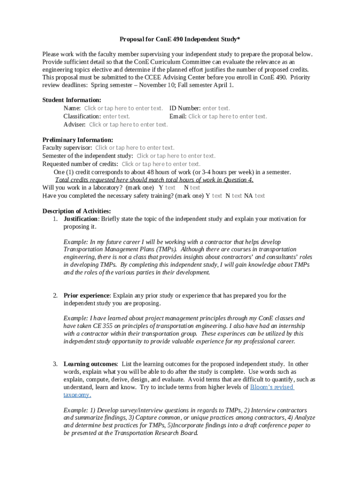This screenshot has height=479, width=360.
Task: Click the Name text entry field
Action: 123,108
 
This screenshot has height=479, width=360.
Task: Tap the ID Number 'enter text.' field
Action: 216,108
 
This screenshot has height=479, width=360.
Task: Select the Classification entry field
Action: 116,116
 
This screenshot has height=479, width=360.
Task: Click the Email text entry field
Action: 228,116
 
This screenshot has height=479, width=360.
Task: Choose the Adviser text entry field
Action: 129,124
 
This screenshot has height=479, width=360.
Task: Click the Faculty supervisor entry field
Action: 135,147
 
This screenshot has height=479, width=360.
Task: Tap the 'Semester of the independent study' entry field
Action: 176,156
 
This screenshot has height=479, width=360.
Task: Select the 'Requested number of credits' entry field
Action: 161,164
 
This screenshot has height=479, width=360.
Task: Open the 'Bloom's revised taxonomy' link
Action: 272,387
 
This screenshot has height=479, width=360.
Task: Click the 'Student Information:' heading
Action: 72,100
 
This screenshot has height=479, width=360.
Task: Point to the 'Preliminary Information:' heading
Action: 78,139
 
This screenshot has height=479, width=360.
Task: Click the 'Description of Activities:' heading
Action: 77,211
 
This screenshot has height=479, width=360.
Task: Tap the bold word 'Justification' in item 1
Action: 81,219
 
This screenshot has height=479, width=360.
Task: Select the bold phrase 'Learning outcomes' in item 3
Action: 90,364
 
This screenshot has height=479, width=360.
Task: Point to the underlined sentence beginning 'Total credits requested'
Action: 154,180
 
